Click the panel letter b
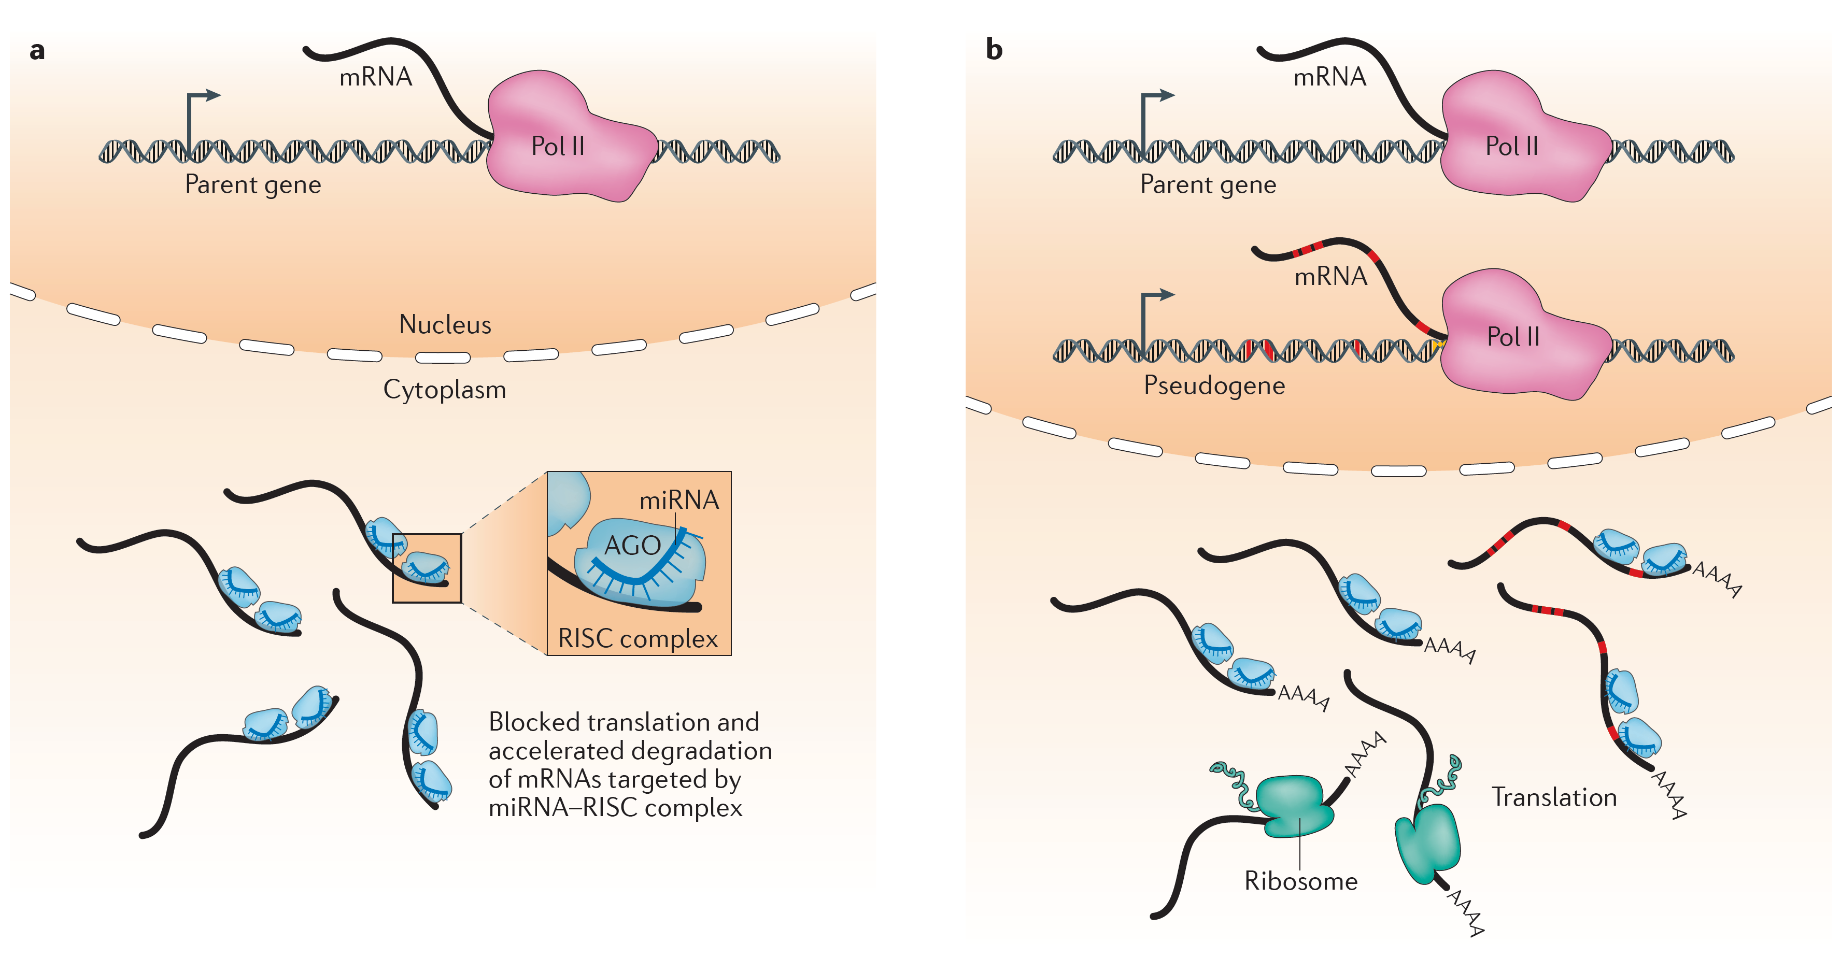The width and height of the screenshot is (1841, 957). click(x=994, y=49)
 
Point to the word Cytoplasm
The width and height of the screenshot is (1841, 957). click(x=445, y=390)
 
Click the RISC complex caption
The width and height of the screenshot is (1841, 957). click(x=638, y=638)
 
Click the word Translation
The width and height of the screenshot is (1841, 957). click(x=1554, y=797)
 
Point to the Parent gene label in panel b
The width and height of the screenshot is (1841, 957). click(x=1208, y=184)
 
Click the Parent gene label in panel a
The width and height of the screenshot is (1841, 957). click(x=253, y=184)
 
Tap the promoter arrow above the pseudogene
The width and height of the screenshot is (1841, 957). click(x=1155, y=300)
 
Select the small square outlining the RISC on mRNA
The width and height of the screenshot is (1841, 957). click(x=427, y=568)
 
